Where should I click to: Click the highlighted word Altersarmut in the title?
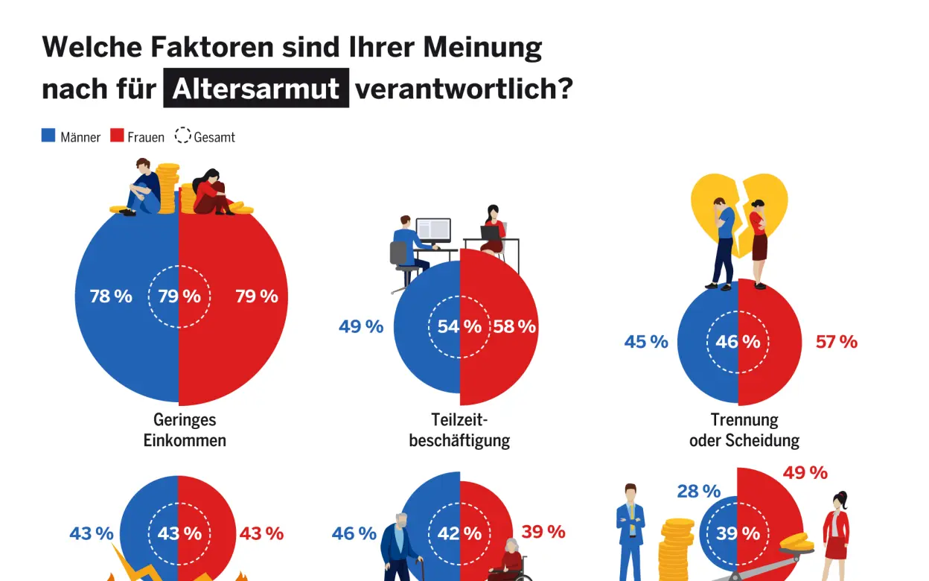tap(256, 89)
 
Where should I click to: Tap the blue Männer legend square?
tap(48, 136)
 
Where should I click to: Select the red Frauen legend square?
tap(117, 136)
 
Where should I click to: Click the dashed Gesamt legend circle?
tap(182, 136)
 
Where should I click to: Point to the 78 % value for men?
tap(110, 296)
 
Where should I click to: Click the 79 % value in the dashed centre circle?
tap(179, 296)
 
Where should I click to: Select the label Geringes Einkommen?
tap(185, 430)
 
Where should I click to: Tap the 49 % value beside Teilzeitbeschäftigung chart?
tap(360, 326)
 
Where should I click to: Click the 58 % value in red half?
tap(514, 326)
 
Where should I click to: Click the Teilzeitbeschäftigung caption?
tap(459, 430)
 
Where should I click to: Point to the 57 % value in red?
tap(836, 342)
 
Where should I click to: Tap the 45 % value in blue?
tap(645, 342)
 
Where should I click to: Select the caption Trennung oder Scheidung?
tap(744, 430)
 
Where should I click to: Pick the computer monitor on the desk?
tap(433, 231)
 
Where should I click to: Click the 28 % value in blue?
tap(698, 491)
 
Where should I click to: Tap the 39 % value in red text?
tap(543, 531)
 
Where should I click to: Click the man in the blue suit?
tap(630, 530)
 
